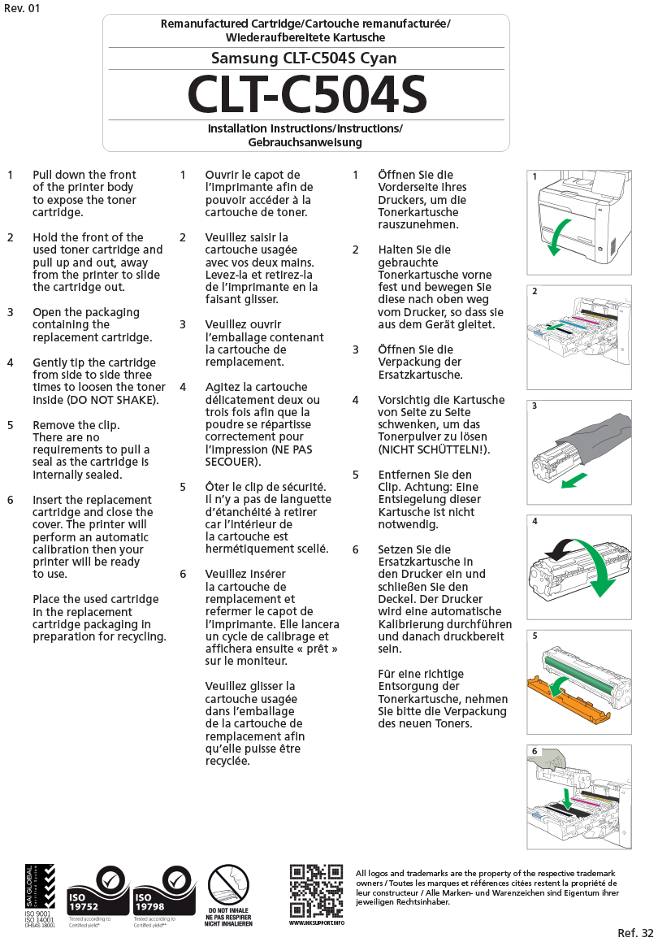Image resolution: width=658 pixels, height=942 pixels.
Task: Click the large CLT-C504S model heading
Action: pyautogui.click(x=306, y=96)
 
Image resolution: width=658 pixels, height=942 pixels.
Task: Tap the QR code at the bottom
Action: pyautogui.click(x=316, y=891)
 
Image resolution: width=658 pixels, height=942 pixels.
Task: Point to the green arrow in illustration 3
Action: pyautogui.click(x=574, y=482)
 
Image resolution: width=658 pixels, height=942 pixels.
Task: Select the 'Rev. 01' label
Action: pyautogui.click(x=22, y=8)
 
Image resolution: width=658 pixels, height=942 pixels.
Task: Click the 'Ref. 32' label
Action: pyautogui.click(x=634, y=932)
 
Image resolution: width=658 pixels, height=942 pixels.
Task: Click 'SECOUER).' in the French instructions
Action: pyautogui.click(x=233, y=462)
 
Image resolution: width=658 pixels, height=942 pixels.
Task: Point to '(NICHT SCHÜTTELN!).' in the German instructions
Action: pyautogui.click(x=434, y=449)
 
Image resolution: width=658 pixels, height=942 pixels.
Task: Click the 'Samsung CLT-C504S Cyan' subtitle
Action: pyautogui.click(x=304, y=59)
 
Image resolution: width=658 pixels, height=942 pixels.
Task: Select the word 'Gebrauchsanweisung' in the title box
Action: pyautogui.click(x=305, y=142)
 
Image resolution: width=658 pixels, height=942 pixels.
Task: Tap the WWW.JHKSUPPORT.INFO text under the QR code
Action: pyautogui.click(x=317, y=923)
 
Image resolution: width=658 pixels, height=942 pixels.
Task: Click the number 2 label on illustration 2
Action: pyautogui.click(x=535, y=291)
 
